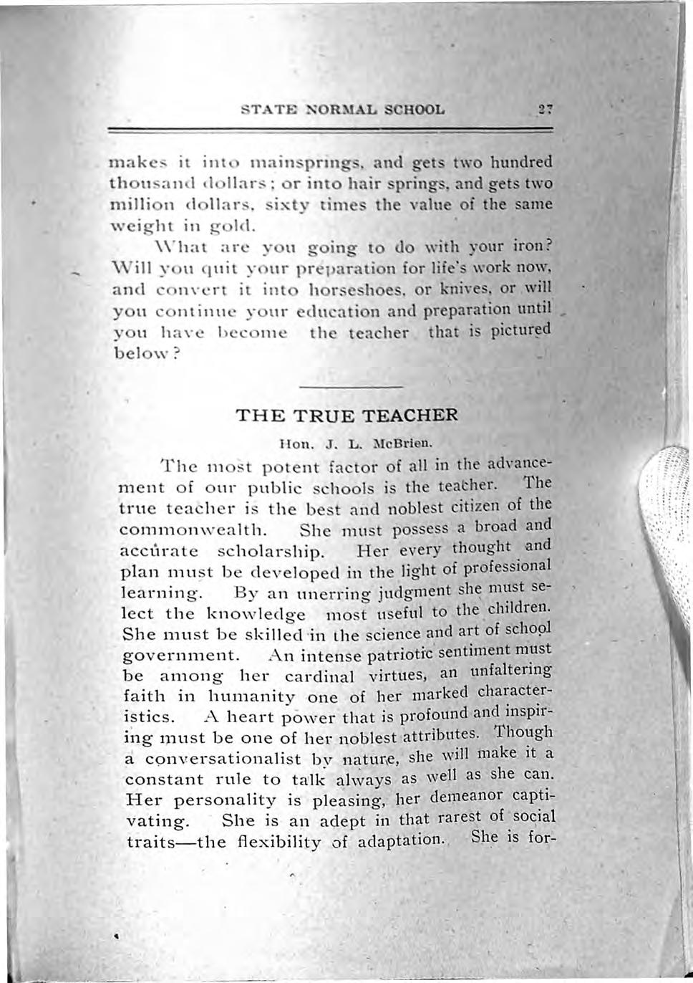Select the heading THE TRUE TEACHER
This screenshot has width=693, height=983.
[346, 416]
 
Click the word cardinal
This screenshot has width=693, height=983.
[319, 676]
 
